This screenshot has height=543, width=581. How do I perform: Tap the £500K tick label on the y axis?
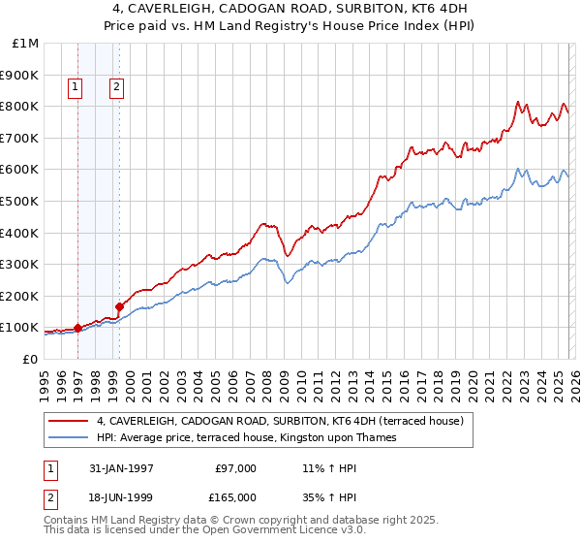point(19,201)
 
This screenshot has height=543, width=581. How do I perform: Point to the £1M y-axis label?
point(26,44)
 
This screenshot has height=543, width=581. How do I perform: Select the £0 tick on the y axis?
point(29,359)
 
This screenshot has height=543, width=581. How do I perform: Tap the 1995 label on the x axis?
point(45,384)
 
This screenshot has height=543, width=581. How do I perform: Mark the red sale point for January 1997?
point(77,328)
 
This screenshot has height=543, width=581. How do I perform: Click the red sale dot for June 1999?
point(118,306)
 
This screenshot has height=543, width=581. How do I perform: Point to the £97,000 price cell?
point(235,467)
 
